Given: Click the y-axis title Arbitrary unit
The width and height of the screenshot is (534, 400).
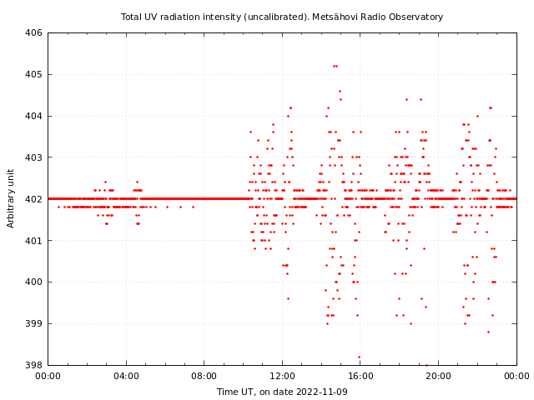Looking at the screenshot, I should click(x=12, y=197).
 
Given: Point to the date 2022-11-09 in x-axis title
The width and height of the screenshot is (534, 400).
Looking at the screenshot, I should click(x=320, y=392).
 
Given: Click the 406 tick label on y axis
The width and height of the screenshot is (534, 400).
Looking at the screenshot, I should click(x=33, y=33).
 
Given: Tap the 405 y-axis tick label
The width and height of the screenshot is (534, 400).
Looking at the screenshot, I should click(x=33, y=75).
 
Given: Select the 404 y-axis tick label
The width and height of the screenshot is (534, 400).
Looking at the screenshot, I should click(x=33, y=116).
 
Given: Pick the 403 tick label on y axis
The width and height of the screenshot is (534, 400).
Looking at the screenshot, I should click(x=33, y=157).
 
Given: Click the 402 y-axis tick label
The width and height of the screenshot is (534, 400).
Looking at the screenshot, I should click(x=33, y=199).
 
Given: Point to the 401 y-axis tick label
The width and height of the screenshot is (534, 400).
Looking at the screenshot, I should click(x=33, y=241).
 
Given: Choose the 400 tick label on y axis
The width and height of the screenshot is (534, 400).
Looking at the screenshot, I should click(x=33, y=282).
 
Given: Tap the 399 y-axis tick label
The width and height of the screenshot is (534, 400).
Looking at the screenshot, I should click(x=33, y=323).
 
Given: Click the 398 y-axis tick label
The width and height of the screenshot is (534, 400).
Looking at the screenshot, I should click(x=33, y=365).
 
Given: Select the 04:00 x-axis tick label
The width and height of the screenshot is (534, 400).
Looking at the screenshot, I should click(x=126, y=376).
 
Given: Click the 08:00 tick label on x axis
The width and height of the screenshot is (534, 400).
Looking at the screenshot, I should click(x=204, y=376).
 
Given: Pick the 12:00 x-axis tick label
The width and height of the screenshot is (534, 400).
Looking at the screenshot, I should click(x=282, y=376).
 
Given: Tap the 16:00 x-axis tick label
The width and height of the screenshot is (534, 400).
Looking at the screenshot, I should click(x=360, y=376).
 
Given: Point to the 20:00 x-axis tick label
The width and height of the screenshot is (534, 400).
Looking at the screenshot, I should click(x=439, y=376).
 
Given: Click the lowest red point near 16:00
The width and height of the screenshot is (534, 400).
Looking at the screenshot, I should click(x=359, y=357).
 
